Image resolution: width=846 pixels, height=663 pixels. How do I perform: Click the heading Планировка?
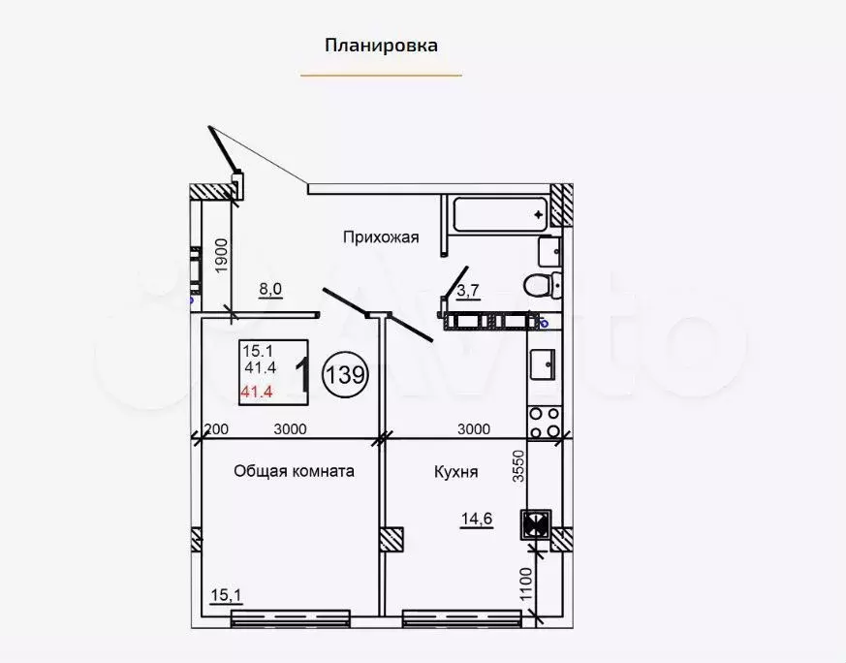point(381,45)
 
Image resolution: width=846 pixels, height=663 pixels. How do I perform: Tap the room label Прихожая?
point(380,236)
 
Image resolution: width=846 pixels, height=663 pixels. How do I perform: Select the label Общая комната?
point(294,471)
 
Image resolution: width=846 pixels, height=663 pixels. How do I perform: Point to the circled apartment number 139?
point(345,375)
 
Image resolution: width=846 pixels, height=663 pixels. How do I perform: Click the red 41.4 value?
point(257,392)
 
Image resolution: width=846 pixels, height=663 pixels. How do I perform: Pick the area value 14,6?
point(476,520)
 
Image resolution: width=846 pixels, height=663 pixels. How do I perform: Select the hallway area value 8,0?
point(269,288)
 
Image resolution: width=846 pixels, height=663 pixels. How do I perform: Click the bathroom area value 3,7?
point(468,290)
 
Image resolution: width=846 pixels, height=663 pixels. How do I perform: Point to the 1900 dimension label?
point(221,258)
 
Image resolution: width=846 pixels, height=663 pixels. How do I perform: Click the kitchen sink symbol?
point(541,365)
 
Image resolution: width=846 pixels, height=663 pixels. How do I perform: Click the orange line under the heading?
point(381,75)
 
